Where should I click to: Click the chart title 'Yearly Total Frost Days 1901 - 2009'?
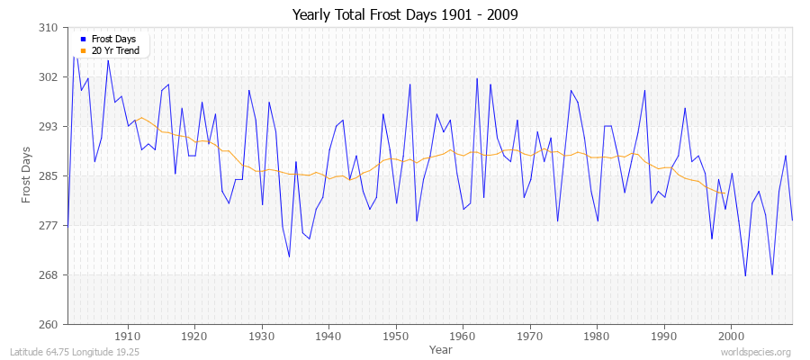(x=405, y=15)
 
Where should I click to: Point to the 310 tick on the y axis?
(x=49, y=28)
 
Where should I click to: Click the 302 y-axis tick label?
(x=49, y=77)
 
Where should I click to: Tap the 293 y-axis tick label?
(x=49, y=127)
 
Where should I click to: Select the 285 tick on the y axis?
(x=49, y=175)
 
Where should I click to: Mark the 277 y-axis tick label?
(x=49, y=225)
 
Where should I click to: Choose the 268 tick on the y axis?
(x=49, y=274)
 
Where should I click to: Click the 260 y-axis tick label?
(x=49, y=324)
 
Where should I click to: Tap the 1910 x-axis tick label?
(x=128, y=336)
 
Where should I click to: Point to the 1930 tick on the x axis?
(x=262, y=336)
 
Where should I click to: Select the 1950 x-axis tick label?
(x=396, y=336)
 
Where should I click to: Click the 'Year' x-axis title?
(x=441, y=349)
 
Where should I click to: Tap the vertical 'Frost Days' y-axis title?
(x=27, y=175)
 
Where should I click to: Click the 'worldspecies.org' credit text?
(x=757, y=353)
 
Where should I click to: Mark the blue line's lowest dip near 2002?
(x=745, y=275)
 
